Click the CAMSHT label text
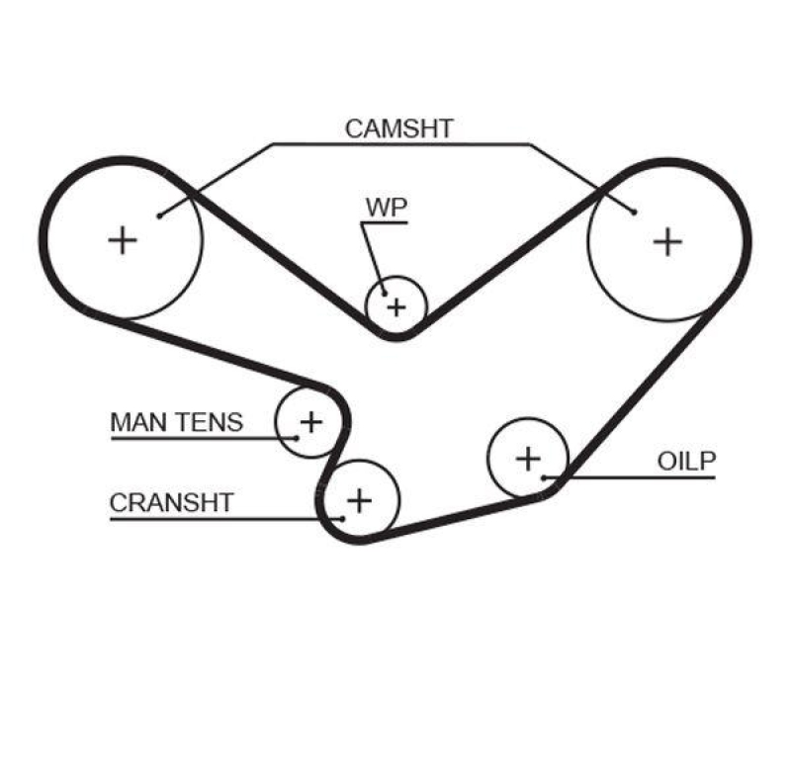coord(399,128)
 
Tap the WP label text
coord(386,208)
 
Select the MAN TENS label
coord(176,422)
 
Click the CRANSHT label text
coord(171,502)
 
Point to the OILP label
coord(685,461)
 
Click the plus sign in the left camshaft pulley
coord(123,239)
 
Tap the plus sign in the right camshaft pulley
coord(668,240)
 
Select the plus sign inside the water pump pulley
coord(395,306)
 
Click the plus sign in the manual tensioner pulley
coord(310,422)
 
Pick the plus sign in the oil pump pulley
coord(529,458)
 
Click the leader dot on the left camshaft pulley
coord(159,214)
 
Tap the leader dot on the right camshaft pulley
coord(634,211)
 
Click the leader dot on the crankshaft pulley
coord(341,518)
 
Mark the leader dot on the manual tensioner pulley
coord(297,437)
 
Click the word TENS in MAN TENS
coord(209,422)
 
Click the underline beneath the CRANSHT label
coord(218,518)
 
